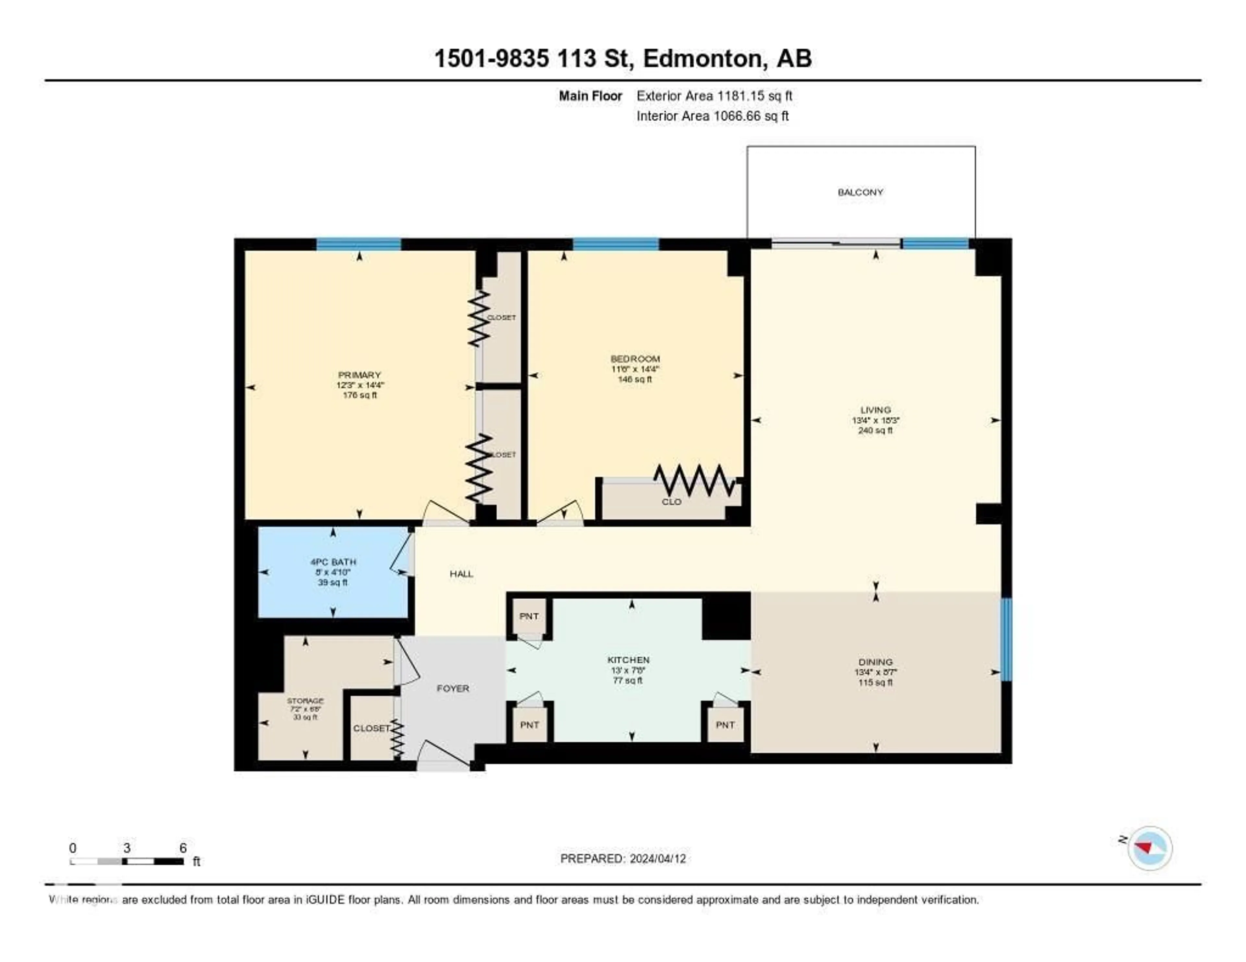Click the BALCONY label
coord(860,192)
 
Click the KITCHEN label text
coord(628,660)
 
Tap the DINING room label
coord(875,662)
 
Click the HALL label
coord(461,574)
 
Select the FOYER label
coord(453,688)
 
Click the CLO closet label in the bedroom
coord(671,502)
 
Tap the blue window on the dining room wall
coord(1007,639)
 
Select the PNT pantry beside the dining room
coord(725,725)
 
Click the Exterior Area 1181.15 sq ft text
coord(714,96)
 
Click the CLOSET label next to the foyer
coord(371,728)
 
